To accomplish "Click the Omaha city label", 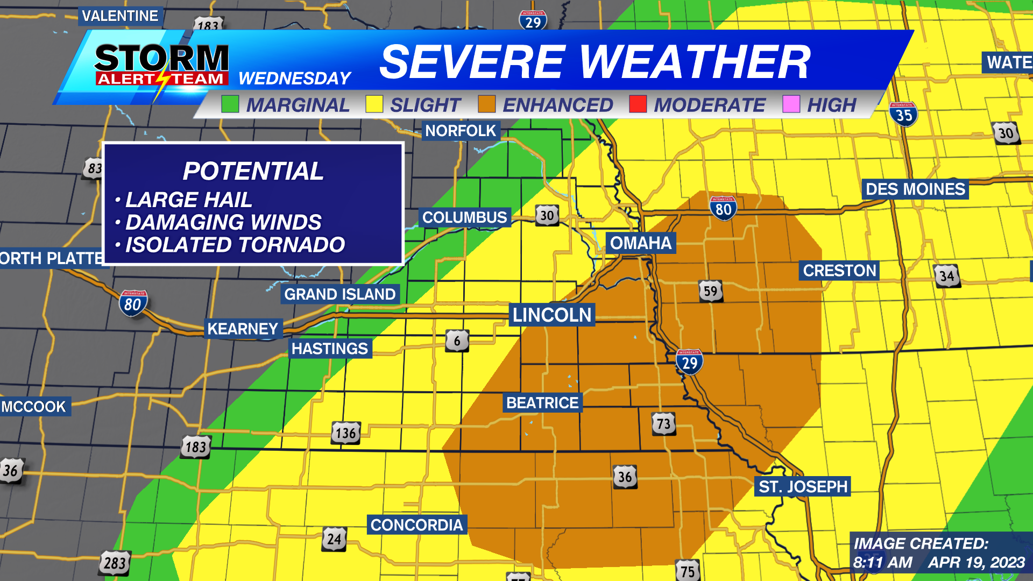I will pos(640,243).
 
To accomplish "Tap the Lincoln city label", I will pos(551,315).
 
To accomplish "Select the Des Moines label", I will pos(915,189).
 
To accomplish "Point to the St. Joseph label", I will pos(803,487).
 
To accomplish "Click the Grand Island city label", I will pos(339,294).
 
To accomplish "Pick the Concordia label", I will pos(416,525).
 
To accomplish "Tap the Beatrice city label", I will pos(542,403).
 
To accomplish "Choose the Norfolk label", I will pos(461,131).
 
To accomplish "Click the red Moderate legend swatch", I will pos(638,104).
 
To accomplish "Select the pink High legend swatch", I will pos(791,104).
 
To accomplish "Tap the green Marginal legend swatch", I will pos(230,104).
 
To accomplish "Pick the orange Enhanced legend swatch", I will pos(486,104).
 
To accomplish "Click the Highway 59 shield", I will pos(710,291).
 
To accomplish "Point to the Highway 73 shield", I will pos(663,424).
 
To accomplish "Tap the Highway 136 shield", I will pos(345,433).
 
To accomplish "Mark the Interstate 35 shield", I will pos(903,115).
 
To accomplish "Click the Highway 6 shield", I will pos(457,341).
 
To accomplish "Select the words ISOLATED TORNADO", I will pos(235,245).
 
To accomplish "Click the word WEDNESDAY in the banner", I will pos(294,79).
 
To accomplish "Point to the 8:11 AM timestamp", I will pos(883,563).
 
